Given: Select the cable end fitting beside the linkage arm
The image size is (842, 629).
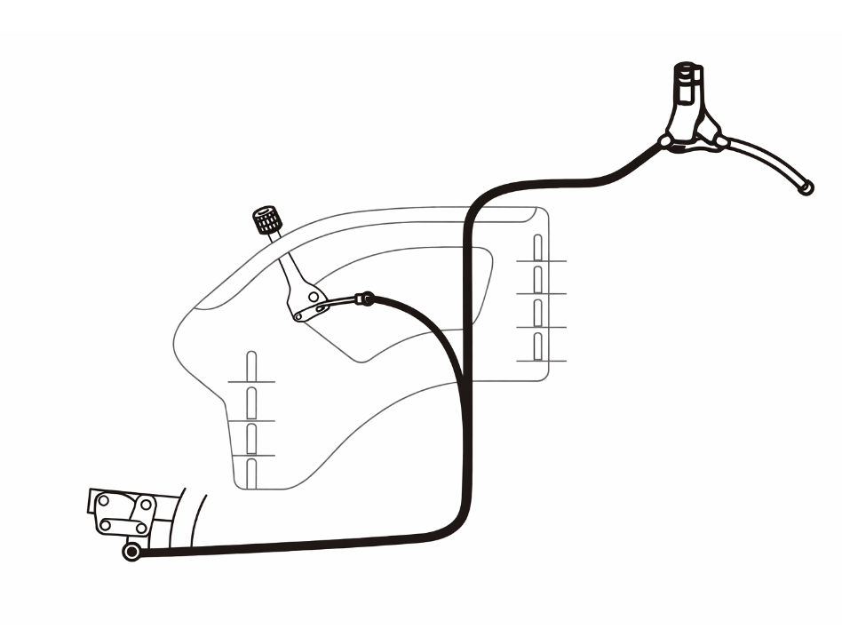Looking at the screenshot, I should click(362, 299).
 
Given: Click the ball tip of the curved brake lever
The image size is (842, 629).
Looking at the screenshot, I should click(806, 188).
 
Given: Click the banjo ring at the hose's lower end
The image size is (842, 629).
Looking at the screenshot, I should click(132, 553).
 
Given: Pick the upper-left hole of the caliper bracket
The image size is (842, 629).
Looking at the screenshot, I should click(103, 502).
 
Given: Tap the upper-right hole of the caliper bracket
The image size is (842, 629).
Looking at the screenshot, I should click(143, 504).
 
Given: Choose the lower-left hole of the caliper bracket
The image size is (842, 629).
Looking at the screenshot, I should click(106, 524).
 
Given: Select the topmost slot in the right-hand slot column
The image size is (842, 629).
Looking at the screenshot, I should click(537, 246).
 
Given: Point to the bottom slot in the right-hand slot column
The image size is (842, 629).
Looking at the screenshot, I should click(537, 346).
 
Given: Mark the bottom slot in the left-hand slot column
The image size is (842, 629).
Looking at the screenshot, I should click(251, 472).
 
